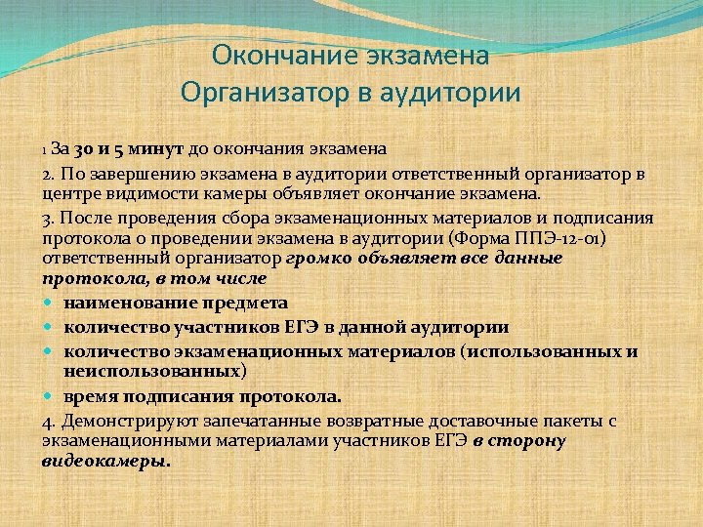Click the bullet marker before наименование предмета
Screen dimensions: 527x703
coord(51,304)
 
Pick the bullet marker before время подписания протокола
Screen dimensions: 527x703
coord(51,397)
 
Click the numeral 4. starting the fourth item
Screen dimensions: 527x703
coord(50,420)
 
